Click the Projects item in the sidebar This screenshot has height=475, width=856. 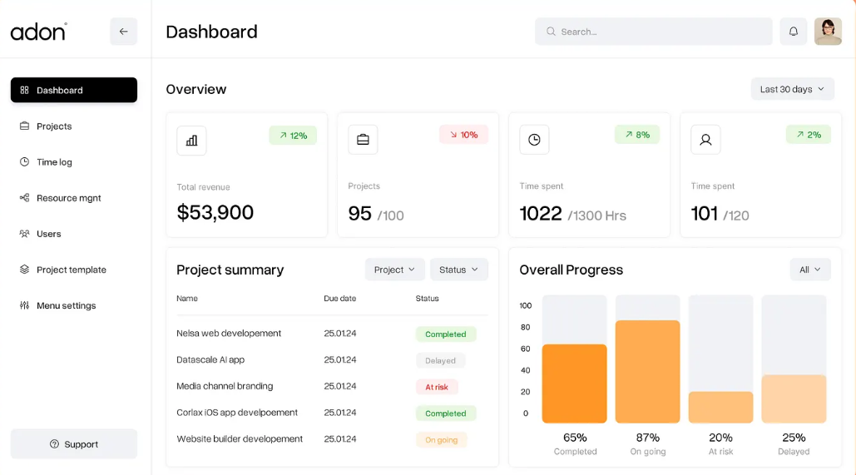click(54, 126)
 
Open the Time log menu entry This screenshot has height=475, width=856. click(54, 162)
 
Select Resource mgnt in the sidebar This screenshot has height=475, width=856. click(68, 198)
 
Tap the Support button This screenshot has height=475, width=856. click(74, 444)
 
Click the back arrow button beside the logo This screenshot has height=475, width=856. click(124, 32)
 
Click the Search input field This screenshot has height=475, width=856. click(653, 32)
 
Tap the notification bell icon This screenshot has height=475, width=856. click(794, 32)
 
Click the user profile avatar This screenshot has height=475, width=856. click(828, 32)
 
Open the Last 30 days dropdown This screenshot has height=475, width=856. click(792, 89)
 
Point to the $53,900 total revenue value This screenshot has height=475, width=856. click(215, 213)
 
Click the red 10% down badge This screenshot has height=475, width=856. click(463, 135)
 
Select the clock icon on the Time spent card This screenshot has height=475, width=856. click(534, 140)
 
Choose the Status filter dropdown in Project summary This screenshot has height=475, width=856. click(458, 270)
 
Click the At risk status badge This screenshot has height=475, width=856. click(437, 387)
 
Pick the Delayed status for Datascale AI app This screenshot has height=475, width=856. click(440, 361)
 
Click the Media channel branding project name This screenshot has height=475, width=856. click(225, 386)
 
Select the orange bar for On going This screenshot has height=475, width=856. click(647, 371)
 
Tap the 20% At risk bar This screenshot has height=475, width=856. click(720, 408)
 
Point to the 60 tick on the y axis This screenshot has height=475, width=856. click(525, 349)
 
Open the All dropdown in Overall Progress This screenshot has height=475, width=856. click(809, 270)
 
